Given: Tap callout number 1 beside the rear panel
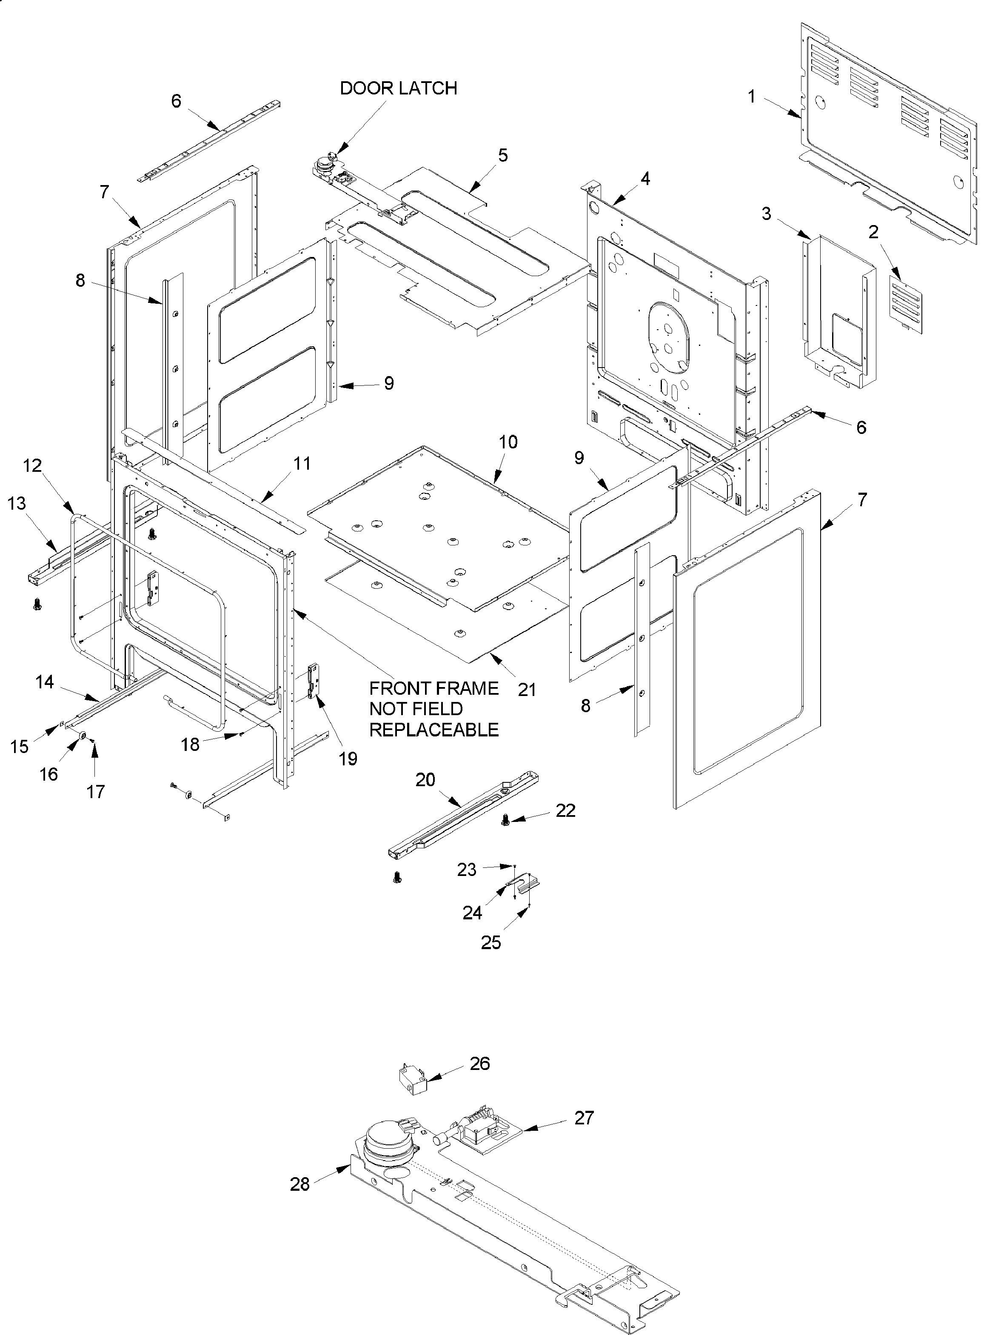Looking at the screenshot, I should pyautogui.click(x=751, y=96).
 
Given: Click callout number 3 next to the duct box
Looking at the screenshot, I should pyautogui.click(x=766, y=214).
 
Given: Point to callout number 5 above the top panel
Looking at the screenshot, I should pyautogui.click(x=502, y=156).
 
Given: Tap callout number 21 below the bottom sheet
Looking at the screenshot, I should pyautogui.click(x=527, y=689).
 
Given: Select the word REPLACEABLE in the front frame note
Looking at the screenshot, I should pyautogui.click(x=434, y=730).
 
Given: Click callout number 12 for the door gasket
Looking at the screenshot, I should pyautogui.click(x=33, y=465).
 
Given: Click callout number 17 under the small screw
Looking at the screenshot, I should pyautogui.click(x=95, y=791).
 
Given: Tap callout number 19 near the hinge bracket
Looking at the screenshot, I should pyautogui.click(x=348, y=759).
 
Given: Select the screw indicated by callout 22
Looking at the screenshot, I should pyautogui.click(x=506, y=819).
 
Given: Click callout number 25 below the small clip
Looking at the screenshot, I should pyautogui.click(x=491, y=942).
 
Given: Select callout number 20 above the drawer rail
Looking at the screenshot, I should pyautogui.click(x=425, y=780).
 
